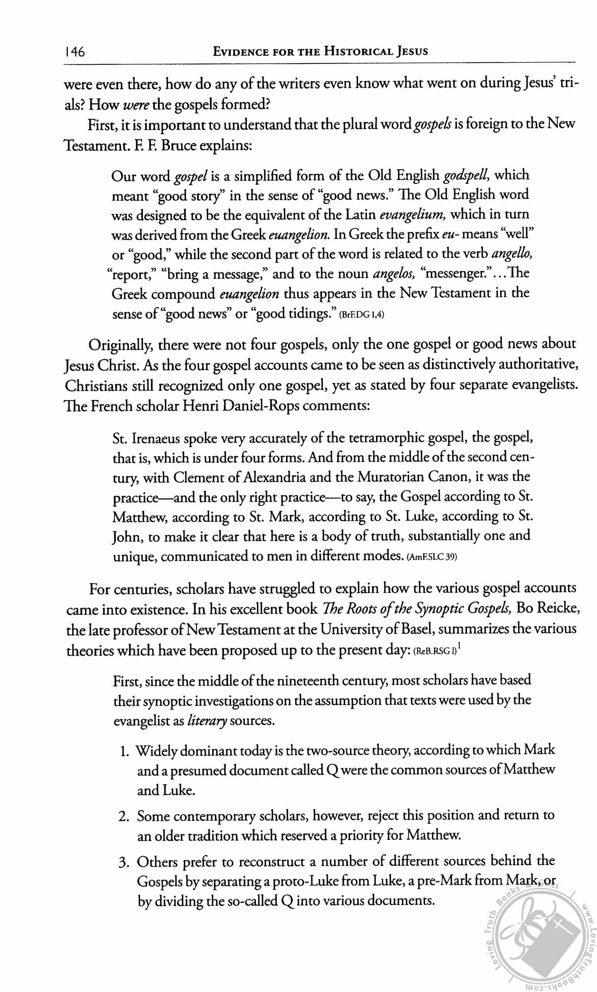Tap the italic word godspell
click(466, 176)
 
